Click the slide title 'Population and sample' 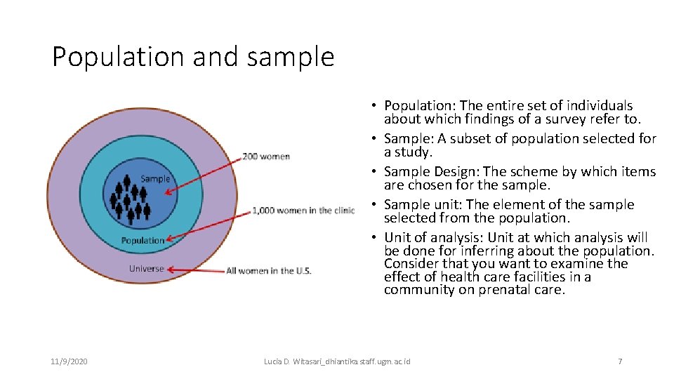click(193, 57)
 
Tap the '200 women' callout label click(266, 156)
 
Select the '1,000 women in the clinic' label click(304, 211)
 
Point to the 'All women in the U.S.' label click(268, 270)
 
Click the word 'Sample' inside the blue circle click(154, 178)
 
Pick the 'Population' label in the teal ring click(143, 240)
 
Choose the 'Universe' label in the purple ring click(146, 268)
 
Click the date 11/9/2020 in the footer click(69, 361)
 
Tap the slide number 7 click(619, 361)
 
